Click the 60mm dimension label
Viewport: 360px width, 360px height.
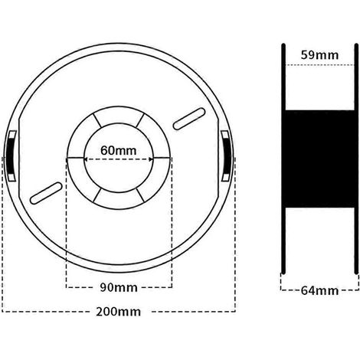[x=118, y=150]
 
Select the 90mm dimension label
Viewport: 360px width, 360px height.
[x=119, y=287]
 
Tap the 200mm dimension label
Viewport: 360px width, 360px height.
[x=119, y=312]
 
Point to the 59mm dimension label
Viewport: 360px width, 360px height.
[x=319, y=55]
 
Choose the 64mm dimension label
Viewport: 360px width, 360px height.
[x=319, y=290]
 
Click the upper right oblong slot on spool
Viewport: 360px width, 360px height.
[x=189, y=119]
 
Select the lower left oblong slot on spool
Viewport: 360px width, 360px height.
[x=46, y=193]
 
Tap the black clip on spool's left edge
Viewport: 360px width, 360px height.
[x=11, y=155]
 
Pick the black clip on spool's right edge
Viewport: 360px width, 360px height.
[x=226, y=155]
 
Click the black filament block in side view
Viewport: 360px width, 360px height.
[x=319, y=159]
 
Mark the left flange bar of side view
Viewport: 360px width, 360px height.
[x=283, y=159]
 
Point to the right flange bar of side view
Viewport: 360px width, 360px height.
[x=356, y=159]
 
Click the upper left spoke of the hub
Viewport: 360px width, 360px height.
[x=97, y=120]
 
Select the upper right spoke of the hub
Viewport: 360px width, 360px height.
[x=140, y=120]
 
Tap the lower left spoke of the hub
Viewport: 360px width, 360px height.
[x=97, y=195]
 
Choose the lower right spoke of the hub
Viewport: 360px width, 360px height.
[x=141, y=195]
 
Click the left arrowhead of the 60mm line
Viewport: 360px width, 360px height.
[x=86, y=159]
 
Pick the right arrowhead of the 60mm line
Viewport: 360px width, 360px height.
[x=151, y=159]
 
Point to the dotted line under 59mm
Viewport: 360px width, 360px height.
[x=319, y=65]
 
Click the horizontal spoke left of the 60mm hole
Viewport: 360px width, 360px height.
[x=75, y=159]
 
